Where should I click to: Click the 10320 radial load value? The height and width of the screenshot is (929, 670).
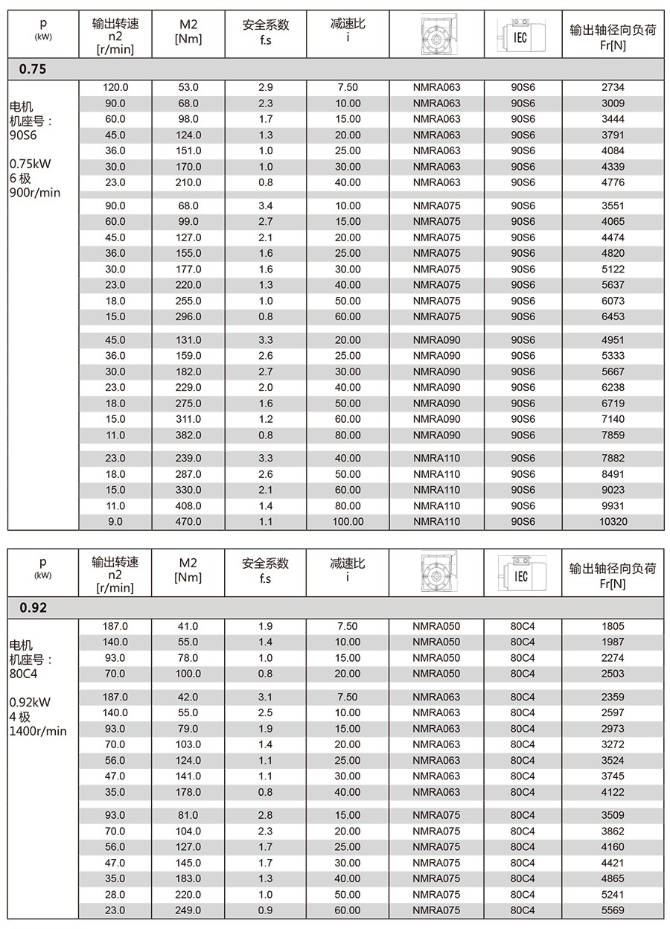612,522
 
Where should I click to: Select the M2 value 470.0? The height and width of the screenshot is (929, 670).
188,522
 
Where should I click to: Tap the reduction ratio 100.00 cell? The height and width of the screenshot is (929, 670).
348,522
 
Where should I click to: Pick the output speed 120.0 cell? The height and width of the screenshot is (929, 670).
115,88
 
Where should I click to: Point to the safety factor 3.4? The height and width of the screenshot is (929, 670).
265,205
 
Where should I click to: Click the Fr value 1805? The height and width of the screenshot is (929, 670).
612,626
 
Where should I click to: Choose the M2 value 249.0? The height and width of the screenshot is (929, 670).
188,910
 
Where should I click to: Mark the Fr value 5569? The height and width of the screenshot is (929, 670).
612,910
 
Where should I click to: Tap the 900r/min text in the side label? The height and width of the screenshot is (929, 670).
36,193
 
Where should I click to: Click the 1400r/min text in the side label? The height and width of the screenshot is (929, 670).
38,731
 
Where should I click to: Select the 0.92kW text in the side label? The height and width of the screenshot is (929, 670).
31,701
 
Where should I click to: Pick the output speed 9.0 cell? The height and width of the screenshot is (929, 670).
115,522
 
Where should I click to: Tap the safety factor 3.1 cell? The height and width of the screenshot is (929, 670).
265,697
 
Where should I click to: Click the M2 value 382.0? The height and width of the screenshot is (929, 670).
188,435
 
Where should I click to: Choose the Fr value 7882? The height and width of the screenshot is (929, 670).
612,459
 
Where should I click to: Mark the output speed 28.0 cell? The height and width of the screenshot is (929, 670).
115,894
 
